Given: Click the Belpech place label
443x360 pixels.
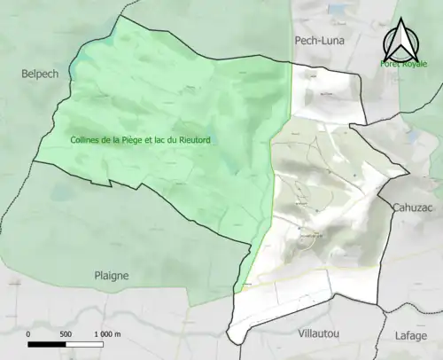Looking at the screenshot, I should [40, 74].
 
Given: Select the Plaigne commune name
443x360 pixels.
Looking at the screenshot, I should [112, 276].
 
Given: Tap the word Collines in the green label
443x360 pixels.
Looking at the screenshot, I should [88, 140].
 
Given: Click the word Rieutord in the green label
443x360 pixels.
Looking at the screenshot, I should [205, 140].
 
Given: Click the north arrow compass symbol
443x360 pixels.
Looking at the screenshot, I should [403, 40].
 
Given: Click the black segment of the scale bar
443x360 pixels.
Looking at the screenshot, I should [47, 345].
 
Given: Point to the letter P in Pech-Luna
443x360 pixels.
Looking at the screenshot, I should [298, 41].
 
